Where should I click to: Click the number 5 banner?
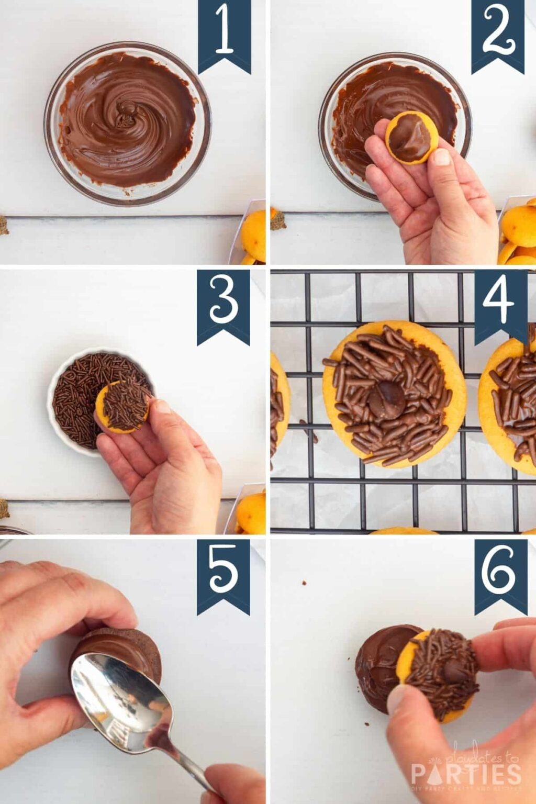(224, 573)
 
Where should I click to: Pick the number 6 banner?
(500, 573)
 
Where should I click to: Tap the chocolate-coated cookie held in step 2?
(411, 137)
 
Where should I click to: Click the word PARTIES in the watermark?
(466, 774)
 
